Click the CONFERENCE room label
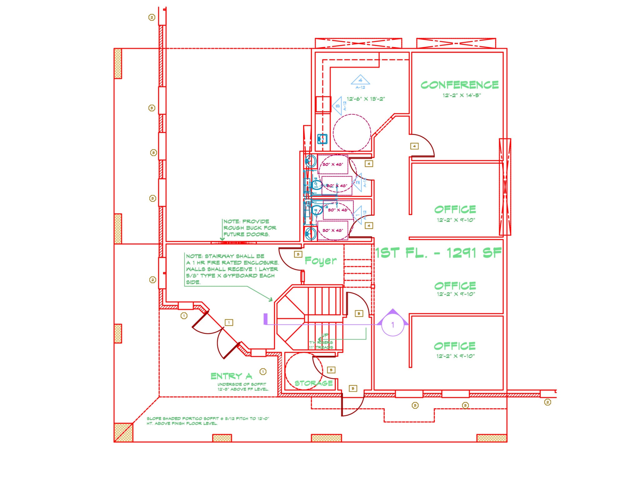click(459, 85)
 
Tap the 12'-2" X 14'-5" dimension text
click(462, 95)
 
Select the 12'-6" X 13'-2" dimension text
click(366, 99)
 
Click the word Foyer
click(321, 260)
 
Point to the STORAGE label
click(313, 383)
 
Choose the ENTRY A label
click(231, 376)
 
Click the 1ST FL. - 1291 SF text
click(438, 253)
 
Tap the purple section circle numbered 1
click(393, 325)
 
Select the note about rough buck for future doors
click(249, 228)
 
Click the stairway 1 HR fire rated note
click(231, 269)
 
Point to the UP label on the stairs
click(325, 335)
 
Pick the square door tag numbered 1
click(229, 322)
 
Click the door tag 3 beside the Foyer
click(298, 254)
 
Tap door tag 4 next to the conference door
click(414, 146)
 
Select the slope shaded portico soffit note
click(208, 421)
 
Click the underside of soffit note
click(243, 387)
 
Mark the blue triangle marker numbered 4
click(360, 80)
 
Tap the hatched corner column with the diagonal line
click(123, 432)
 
